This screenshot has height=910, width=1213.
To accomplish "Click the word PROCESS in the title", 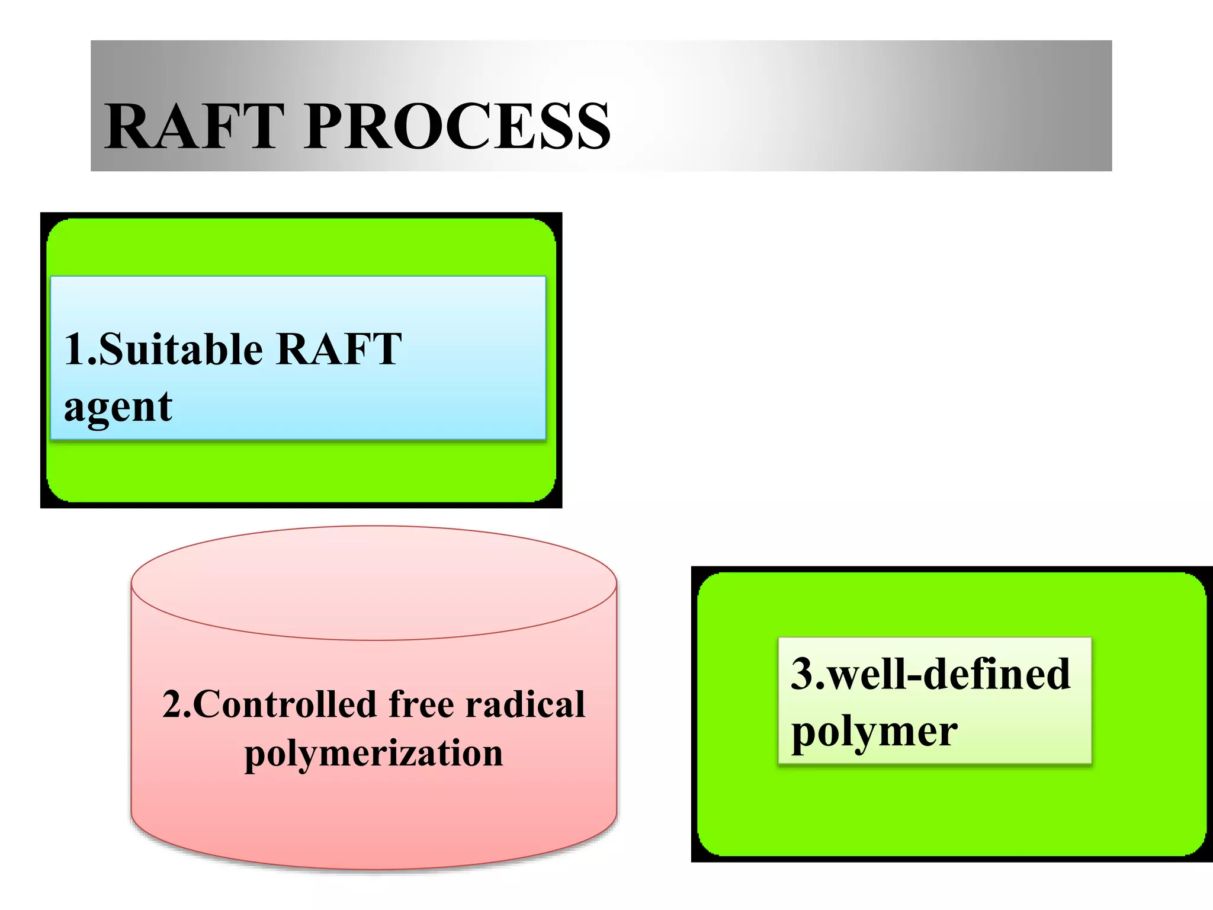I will pyautogui.click(x=457, y=126).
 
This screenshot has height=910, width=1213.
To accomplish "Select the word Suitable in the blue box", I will pyautogui.click(x=181, y=349).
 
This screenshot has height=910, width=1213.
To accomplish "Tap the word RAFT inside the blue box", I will pyautogui.click(x=339, y=349).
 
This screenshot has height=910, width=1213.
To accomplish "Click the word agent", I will pyautogui.click(x=118, y=408).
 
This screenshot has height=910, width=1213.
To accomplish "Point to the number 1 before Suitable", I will pyautogui.click(x=75, y=349).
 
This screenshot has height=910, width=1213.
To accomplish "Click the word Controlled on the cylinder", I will pyautogui.click(x=284, y=705).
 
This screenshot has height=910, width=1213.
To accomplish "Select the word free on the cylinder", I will pyautogui.click(x=421, y=705).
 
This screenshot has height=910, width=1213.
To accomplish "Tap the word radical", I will pyautogui.click(x=525, y=705).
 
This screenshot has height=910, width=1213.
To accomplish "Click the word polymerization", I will pyautogui.click(x=374, y=754).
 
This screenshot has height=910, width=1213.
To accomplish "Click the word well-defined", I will pyautogui.click(x=948, y=674).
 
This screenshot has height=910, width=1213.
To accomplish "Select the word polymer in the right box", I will pyautogui.click(x=874, y=732).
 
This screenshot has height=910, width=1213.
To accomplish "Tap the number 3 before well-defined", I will pyautogui.click(x=803, y=674).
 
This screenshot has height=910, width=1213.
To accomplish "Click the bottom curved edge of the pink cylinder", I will pyautogui.click(x=374, y=869).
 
